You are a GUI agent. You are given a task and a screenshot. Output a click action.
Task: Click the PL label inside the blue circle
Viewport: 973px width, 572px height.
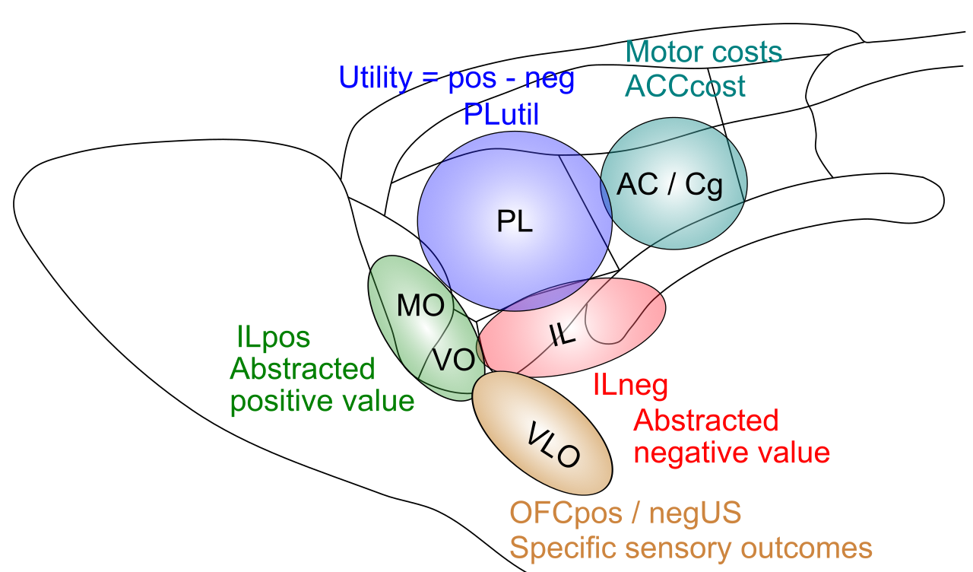point(515,221)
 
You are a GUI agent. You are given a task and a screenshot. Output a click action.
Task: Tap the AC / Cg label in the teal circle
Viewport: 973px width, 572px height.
point(670,185)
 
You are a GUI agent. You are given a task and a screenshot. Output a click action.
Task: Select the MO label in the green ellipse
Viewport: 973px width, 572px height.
point(420,305)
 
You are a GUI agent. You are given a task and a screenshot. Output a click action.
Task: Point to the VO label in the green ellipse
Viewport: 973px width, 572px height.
point(453,360)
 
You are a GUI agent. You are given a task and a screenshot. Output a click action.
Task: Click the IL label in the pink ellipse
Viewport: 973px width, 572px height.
point(563,335)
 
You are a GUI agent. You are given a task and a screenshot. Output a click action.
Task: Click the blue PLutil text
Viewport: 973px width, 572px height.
point(501,114)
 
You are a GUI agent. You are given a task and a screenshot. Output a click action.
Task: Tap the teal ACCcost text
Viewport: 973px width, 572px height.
point(685,86)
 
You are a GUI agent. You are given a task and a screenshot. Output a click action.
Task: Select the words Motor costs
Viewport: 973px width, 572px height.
point(704,52)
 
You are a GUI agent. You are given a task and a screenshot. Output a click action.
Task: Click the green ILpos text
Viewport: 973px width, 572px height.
point(273,337)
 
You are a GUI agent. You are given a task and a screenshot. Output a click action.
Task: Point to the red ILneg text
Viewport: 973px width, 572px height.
point(630,385)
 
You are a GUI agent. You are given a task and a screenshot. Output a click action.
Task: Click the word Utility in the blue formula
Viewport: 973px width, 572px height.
point(376,78)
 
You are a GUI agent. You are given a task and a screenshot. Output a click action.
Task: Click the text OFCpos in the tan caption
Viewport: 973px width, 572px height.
point(566,513)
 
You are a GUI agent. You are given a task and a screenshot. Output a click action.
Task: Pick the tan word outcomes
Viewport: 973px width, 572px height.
point(807,548)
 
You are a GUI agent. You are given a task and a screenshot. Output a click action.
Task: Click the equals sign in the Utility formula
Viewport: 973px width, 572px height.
point(429,79)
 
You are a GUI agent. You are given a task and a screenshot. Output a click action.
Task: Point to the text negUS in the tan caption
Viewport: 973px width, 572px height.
point(695,513)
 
